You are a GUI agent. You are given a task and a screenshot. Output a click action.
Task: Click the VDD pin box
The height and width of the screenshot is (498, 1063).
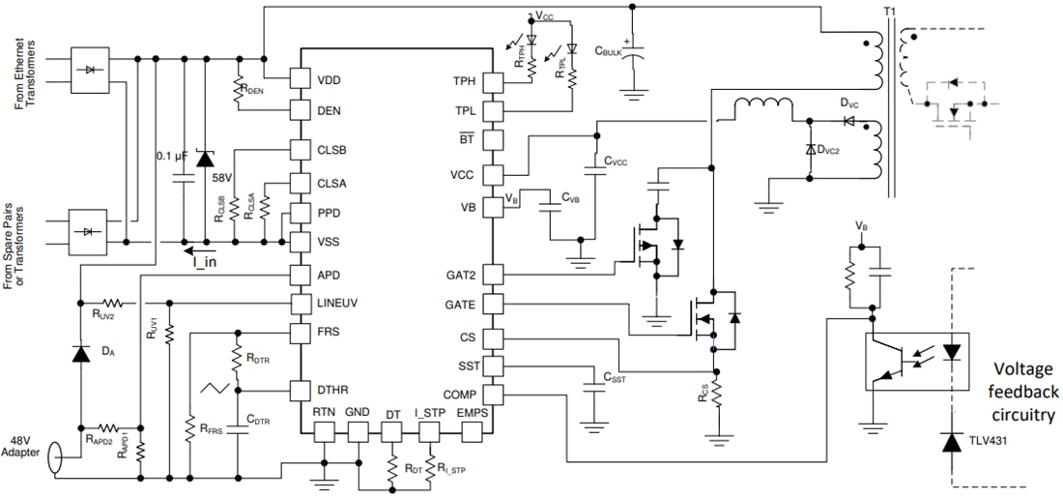coord(301,79)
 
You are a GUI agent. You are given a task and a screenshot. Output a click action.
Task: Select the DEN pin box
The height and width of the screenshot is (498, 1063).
coord(301,110)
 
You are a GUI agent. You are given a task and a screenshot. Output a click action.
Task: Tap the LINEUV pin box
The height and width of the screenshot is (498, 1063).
coord(301,304)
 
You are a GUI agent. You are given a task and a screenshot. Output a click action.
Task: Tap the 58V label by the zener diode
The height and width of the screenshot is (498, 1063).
coord(222,179)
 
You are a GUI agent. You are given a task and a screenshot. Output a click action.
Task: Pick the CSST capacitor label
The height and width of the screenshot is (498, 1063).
coord(615,378)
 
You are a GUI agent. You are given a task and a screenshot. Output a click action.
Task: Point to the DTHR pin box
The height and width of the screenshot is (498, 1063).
coord(301,391)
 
